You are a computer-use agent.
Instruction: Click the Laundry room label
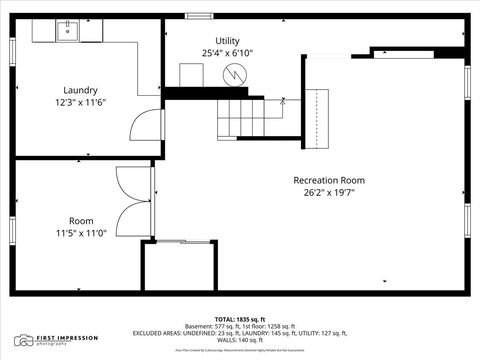pos(80,90)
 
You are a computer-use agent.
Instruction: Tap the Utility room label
pos(227,39)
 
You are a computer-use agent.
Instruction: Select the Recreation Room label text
pos(329,180)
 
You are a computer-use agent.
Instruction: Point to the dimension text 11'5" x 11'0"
pos(80,232)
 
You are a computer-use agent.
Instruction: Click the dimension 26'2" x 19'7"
pos(329,192)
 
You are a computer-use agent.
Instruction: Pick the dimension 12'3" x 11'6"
pos(80,102)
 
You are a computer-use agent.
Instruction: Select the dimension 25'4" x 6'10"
pos(227,52)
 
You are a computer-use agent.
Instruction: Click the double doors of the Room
pos(133,200)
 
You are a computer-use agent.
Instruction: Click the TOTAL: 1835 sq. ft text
pos(239,319)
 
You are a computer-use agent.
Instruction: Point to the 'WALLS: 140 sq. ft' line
pos(239,340)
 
